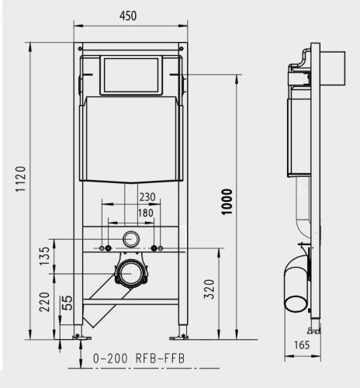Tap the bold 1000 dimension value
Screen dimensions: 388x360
[227, 204]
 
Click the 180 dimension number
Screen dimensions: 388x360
[146, 213]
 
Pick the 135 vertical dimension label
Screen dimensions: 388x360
[45, 255]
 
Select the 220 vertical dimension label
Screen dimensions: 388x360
[45, 302]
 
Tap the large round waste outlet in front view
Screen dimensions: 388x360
[130, 272]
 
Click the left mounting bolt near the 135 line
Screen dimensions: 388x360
[106, 248]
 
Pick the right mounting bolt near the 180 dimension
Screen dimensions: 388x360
[155, 248]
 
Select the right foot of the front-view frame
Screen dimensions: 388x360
[183, 335]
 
